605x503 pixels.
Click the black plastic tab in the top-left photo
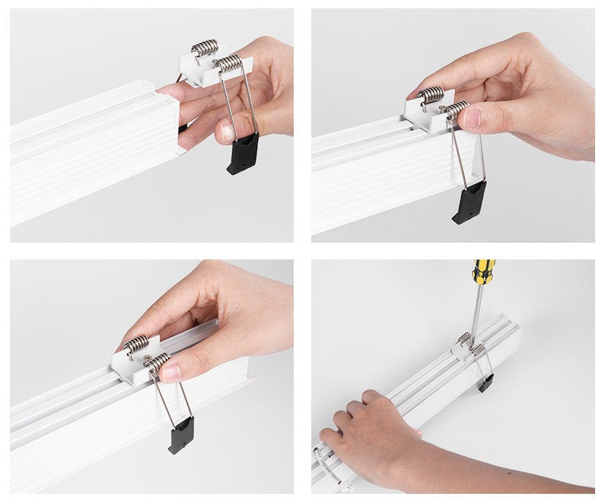pos(243,154)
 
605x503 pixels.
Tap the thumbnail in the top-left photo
pos(224,132)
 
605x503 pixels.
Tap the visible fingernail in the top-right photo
pos(472,117)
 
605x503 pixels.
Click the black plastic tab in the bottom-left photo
pos(181,435)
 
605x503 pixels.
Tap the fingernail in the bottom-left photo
pos(171,371)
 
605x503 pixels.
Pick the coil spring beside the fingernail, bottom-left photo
pos(158,362)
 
